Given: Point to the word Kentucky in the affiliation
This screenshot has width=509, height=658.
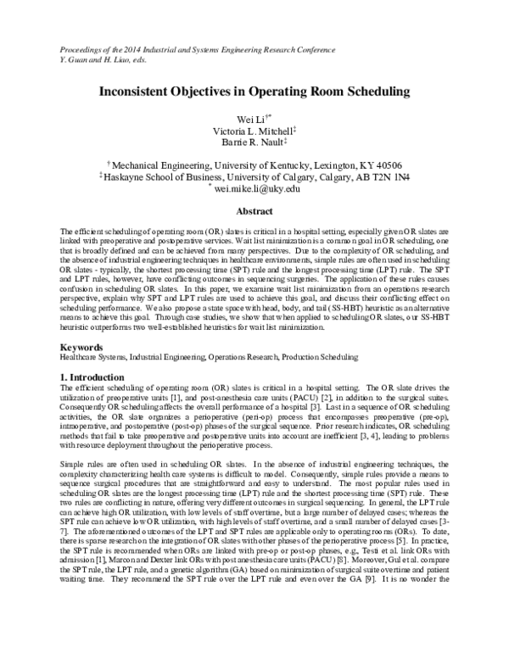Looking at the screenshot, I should click(x=287, y=165).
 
